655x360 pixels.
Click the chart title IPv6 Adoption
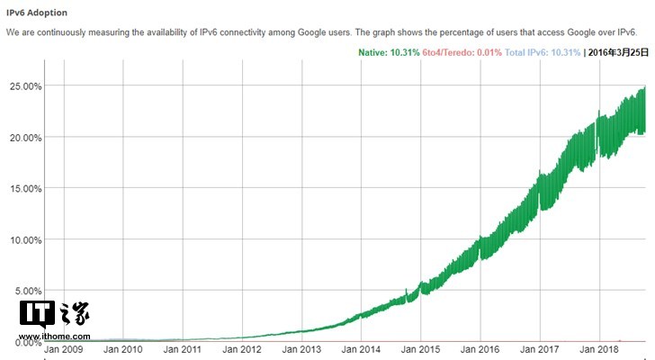37,13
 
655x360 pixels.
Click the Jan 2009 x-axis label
65,348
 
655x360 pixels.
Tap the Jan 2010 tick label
123,348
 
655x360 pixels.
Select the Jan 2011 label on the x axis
183,348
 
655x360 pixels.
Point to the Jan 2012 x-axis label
242,348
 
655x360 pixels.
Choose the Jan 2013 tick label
301,348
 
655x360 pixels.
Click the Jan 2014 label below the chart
361,348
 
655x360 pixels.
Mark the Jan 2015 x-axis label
420,348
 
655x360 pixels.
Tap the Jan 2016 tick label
480,348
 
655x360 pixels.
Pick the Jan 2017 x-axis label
539,348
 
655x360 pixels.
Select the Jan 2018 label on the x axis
598,348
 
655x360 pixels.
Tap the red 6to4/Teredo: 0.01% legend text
462,52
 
